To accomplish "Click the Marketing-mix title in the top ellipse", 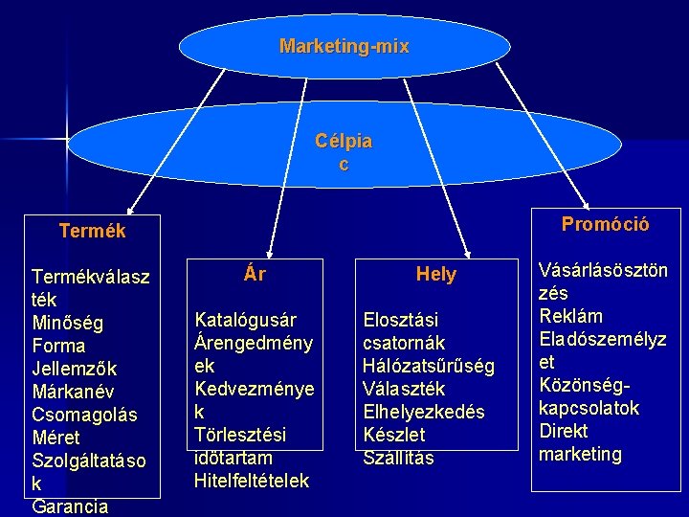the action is [x=344, y=46].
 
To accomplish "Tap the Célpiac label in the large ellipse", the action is [x=344, y=152].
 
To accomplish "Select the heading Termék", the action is [x=92, y=231].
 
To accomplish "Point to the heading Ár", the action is [x=255, y=275].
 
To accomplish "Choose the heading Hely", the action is [x=436, y=275].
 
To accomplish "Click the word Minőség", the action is [x=68, y=323].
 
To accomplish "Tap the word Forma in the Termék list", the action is [x=58, y=346].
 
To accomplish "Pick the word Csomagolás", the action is [x=84, y=415].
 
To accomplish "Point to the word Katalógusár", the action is [x=245, y=320].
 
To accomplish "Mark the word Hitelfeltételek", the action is [x=252, y=481].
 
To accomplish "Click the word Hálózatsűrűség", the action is [x=429, y=366].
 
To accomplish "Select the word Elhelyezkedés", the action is [x=424, y=412].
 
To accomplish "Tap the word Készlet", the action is [x=394, y=435].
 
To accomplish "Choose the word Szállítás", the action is [x=398, y=458].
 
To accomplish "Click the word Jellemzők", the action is [x=74, y=369].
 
